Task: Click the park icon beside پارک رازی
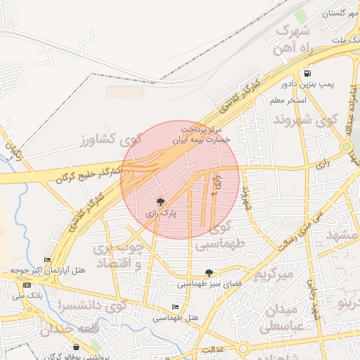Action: [160, 202]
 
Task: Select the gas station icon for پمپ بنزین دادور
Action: [308, 73]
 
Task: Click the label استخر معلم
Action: [287, 101]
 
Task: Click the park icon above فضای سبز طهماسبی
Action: [209, 272]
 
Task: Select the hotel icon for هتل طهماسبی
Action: [175, 307]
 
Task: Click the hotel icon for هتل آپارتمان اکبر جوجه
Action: [47, 260]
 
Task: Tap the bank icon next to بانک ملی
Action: [27, 285]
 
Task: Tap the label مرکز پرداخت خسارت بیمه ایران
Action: [201, 135]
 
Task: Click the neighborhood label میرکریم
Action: [273, 274]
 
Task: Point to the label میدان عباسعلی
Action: [282, 319]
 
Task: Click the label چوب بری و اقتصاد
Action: [119, 256]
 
